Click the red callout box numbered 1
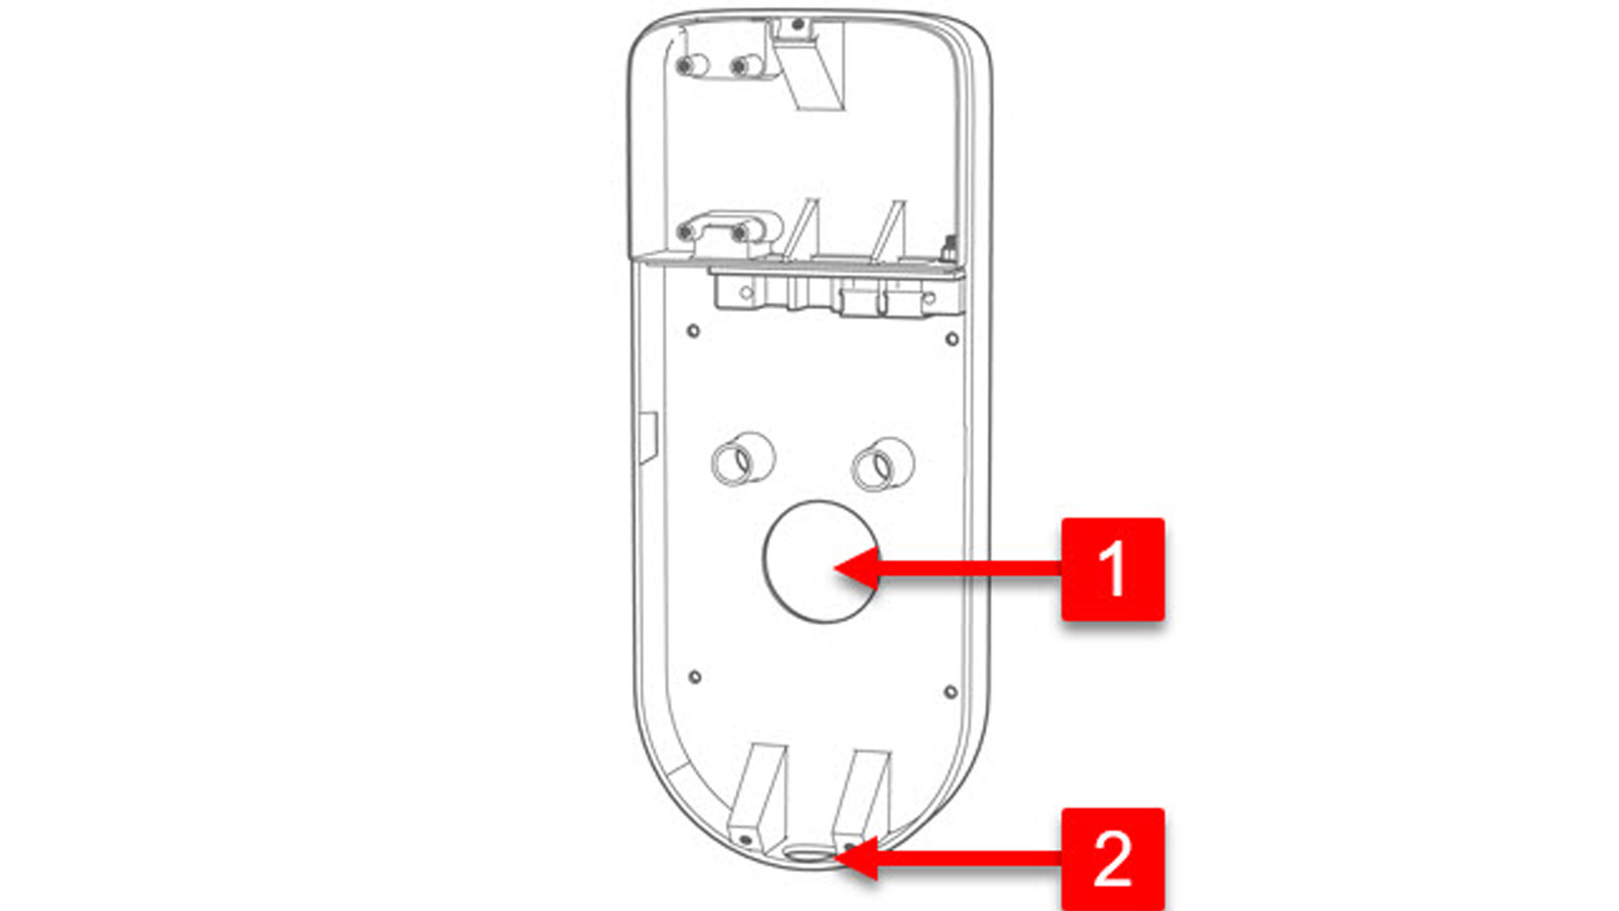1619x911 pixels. pos(1112,569)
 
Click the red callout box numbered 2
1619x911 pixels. pos(1112,859)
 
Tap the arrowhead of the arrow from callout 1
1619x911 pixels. pos(857,568)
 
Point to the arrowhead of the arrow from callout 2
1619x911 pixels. pos(857,859)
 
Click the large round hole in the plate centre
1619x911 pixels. pos(820,561)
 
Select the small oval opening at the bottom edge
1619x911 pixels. pos(807,854)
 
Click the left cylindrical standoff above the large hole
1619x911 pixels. pos(743,459)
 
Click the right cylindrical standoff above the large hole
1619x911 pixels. pos(882,463)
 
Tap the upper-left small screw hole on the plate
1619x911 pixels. pos(693,331)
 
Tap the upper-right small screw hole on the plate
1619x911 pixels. pos(952,339)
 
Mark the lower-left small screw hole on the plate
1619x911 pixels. pos(695,678)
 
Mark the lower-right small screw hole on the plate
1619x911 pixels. pos(950,692)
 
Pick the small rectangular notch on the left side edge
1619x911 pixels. pos(648,437)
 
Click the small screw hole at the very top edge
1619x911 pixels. pos(797,25)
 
